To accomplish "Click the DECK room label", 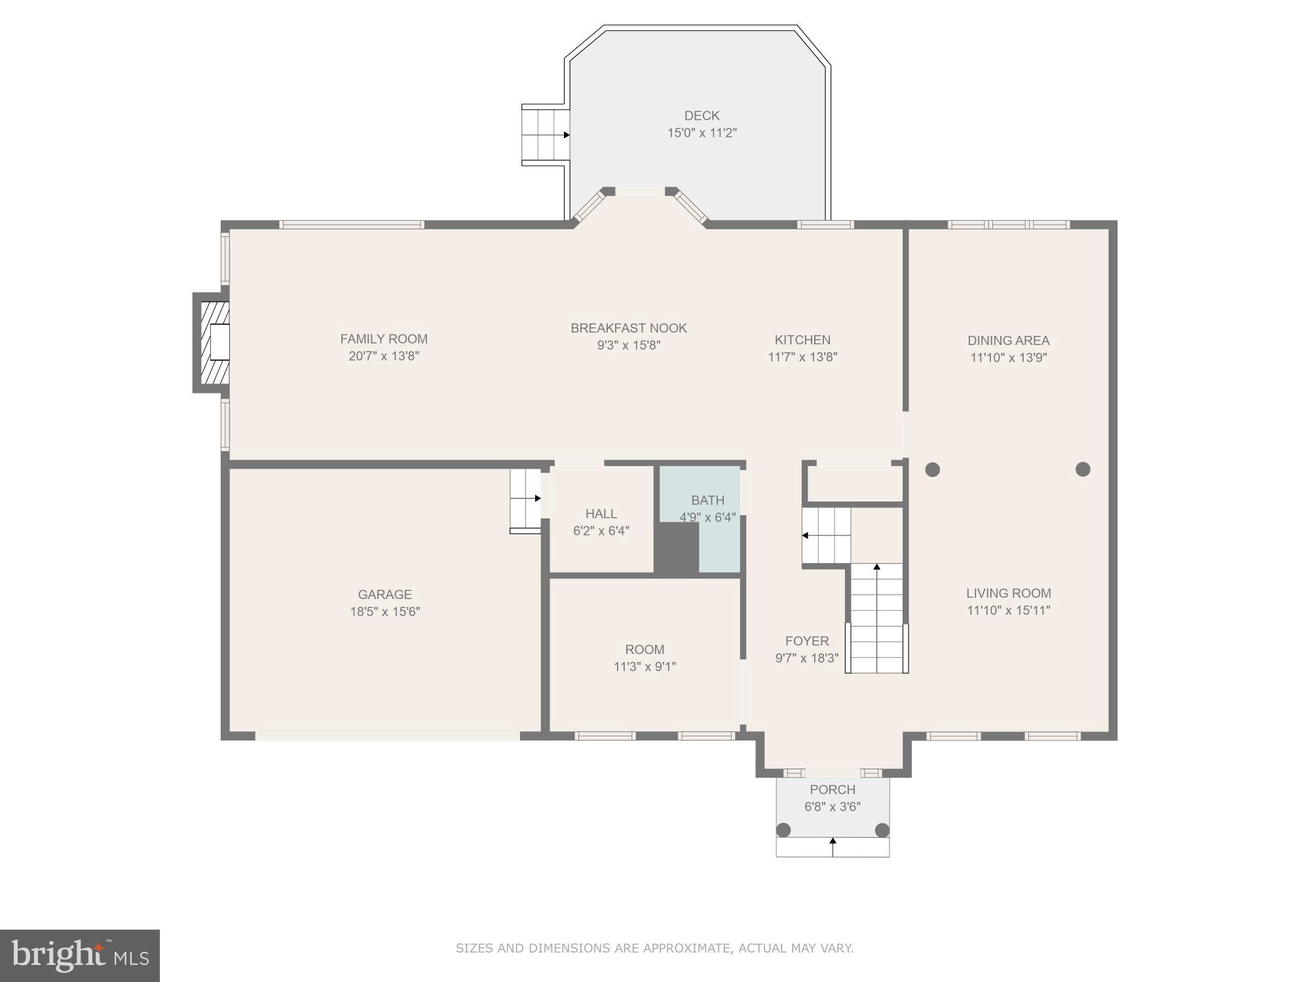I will [x=702, y=116].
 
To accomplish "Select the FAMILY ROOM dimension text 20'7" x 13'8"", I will [x=383, y=356].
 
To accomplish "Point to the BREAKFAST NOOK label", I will [x=628, y=328].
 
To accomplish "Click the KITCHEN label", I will [x=802, y=340].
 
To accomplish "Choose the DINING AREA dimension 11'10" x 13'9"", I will [x=1008, y=357].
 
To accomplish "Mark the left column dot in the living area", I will [x=933, y=469].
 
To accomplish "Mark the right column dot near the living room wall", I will [x=1083, y=469].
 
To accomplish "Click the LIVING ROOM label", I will [x=1008, y=593].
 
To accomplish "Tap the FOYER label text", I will [x=807, y=641].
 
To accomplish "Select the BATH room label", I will [x=707, y=500].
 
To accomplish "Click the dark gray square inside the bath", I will [x=677, y=550].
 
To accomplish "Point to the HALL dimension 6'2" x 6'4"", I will [x=601, y=531].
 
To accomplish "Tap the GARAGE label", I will [x=384, y=594].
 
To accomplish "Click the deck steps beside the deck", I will [x=545, y=135].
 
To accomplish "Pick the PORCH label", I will [x=832, y=790].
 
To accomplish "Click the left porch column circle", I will [x=783, y=830].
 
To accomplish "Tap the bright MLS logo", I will [x=79, y=955].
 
